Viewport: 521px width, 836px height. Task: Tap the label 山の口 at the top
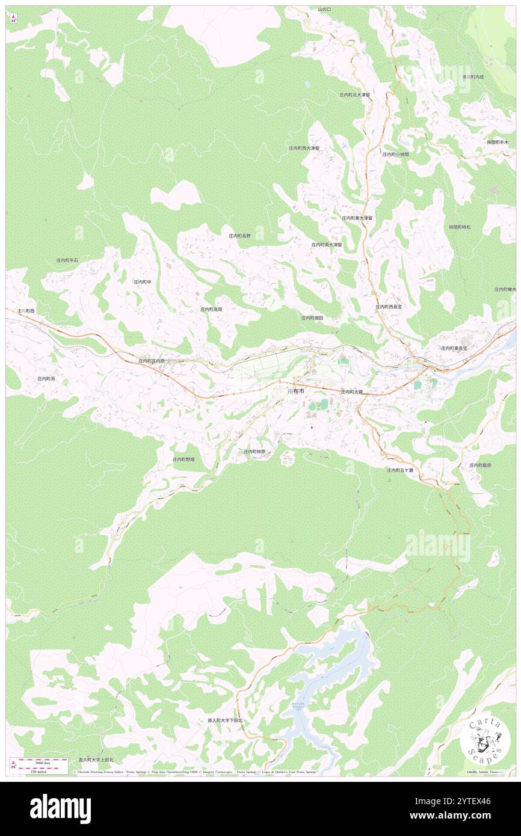[325, 10]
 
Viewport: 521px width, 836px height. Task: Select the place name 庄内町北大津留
[354, 95]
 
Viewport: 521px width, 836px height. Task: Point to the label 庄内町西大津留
[304, 148]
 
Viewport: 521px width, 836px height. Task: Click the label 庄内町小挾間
[395, 155]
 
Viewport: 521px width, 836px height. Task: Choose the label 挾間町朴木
[498, 143]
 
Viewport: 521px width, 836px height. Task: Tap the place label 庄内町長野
[243, 236]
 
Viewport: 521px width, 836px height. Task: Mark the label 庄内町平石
[67, 260]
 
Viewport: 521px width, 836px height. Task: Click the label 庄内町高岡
[211, 309]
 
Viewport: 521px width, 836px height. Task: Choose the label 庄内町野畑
[183, 459]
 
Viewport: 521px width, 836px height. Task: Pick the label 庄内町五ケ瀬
[400, 470]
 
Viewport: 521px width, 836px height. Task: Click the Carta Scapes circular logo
[485, 740]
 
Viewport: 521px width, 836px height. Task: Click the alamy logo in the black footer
[60, 809]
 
